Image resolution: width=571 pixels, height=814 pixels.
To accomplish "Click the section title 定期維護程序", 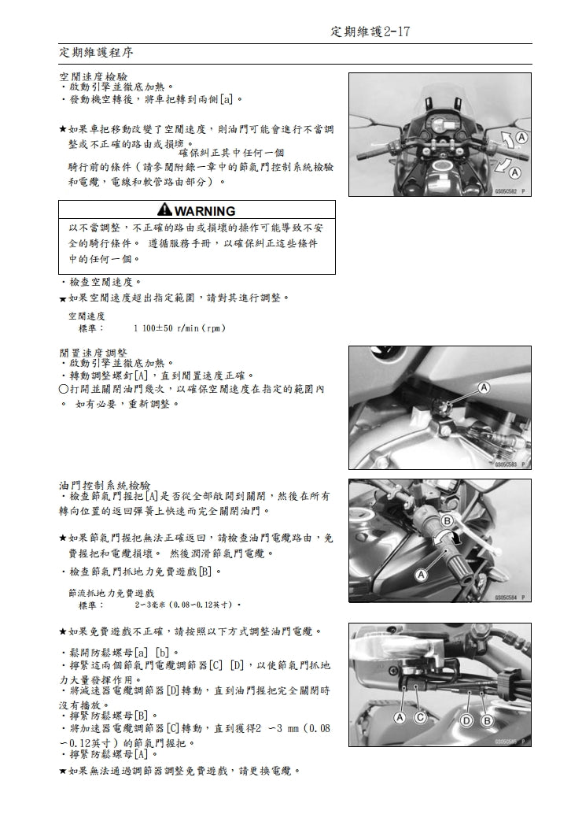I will pos(97,53).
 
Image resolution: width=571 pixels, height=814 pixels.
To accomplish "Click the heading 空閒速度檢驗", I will pos(93,76).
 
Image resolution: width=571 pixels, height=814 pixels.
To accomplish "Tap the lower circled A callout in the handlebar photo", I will pos(515,172).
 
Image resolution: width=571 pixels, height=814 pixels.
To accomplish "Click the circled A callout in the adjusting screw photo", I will pos(484,387).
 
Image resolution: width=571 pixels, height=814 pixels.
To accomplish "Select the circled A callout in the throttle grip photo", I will pos(421,575).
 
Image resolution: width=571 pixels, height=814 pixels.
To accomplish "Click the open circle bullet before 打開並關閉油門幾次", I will pos(63,390).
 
